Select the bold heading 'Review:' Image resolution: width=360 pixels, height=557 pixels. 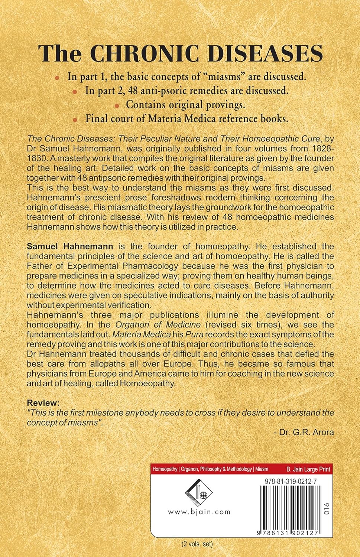pos(43,403)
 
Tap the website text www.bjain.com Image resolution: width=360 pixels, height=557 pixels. pos(199,512)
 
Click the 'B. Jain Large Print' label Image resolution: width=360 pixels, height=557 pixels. pos(308,469)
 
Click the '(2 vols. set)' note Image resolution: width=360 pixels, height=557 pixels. pos(197,544)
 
